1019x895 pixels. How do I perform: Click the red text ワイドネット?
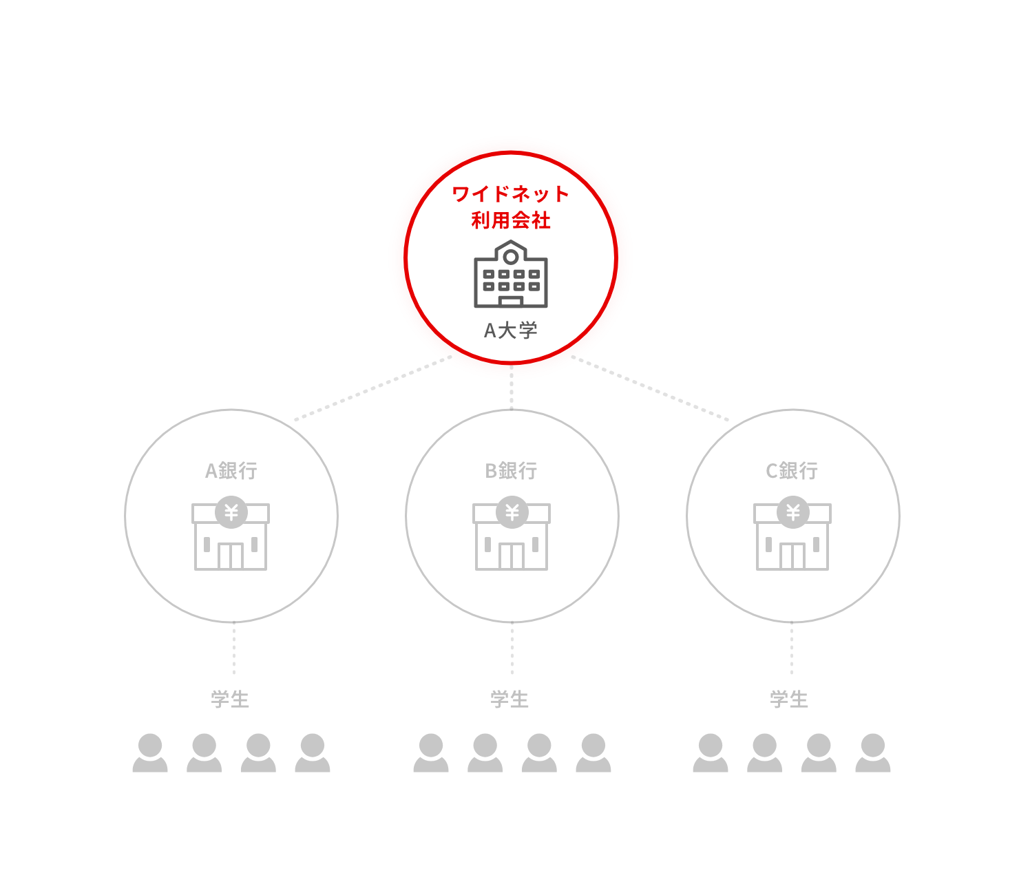click(510, 193)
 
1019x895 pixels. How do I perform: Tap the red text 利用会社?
click(510, 220)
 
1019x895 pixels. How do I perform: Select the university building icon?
click(510, 274)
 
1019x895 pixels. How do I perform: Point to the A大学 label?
click(510, 330)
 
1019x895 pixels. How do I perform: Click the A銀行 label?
click(231, 471)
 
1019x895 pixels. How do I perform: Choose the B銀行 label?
click(511, 471)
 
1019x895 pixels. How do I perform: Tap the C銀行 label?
click(792, 471)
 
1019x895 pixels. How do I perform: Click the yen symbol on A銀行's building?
click(231, 512)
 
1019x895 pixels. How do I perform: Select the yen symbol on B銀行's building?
click(512, 512)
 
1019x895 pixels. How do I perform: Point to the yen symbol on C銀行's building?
click(792, 512)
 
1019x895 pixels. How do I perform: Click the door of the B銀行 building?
click(512, 556)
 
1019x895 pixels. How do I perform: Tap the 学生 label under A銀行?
click(230, 699)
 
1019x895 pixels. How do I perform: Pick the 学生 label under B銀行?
click(509, 699)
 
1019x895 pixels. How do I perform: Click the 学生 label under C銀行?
click(789, 699)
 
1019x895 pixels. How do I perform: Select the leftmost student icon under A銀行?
click(150, 752)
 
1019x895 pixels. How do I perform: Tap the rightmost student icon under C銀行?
click(872, 752)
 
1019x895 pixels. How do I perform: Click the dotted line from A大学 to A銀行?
click(373, 388)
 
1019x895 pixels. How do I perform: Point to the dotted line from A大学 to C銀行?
click(650, 388)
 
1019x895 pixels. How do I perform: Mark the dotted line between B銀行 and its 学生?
click(512, 648)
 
